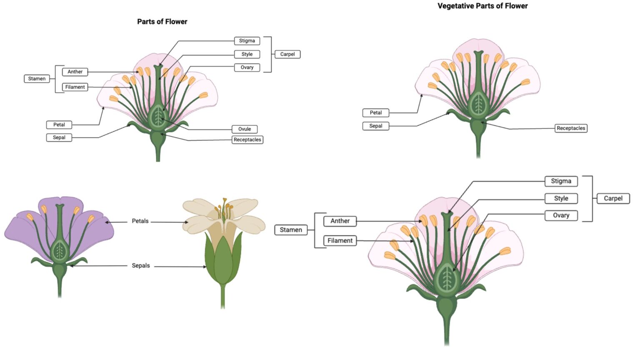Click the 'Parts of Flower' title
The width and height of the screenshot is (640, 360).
coord(162,22)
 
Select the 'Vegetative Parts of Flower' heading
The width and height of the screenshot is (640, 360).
coord(482,6)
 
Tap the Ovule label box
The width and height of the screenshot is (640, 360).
coord(245,129)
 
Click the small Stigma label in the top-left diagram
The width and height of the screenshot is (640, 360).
coord(247,41)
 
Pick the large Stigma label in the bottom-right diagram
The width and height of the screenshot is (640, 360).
coord(561,181)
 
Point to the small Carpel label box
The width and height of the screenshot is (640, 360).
coord(287,54)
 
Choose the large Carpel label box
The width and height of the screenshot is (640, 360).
coord(613,198)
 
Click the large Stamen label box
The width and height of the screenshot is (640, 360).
coord(290,230)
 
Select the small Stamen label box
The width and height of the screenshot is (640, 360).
coord(37,79)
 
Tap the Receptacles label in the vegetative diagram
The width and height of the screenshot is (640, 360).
coord(571,128)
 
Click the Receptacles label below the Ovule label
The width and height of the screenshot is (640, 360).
coord(247,140)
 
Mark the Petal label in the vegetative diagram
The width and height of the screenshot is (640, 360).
coord(375,113)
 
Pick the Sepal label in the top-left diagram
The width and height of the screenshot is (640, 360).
coord(59,137)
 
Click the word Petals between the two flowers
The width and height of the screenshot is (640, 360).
coord(140,221)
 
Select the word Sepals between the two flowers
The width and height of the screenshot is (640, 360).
coord(140,266)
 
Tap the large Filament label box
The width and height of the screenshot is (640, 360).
coord(340,241)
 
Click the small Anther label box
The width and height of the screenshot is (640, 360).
coord(75,72)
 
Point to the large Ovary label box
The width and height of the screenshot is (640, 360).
coord(561,215)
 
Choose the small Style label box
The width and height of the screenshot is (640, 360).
coord(247,54)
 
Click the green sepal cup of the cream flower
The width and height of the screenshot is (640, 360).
coord(223,262)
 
